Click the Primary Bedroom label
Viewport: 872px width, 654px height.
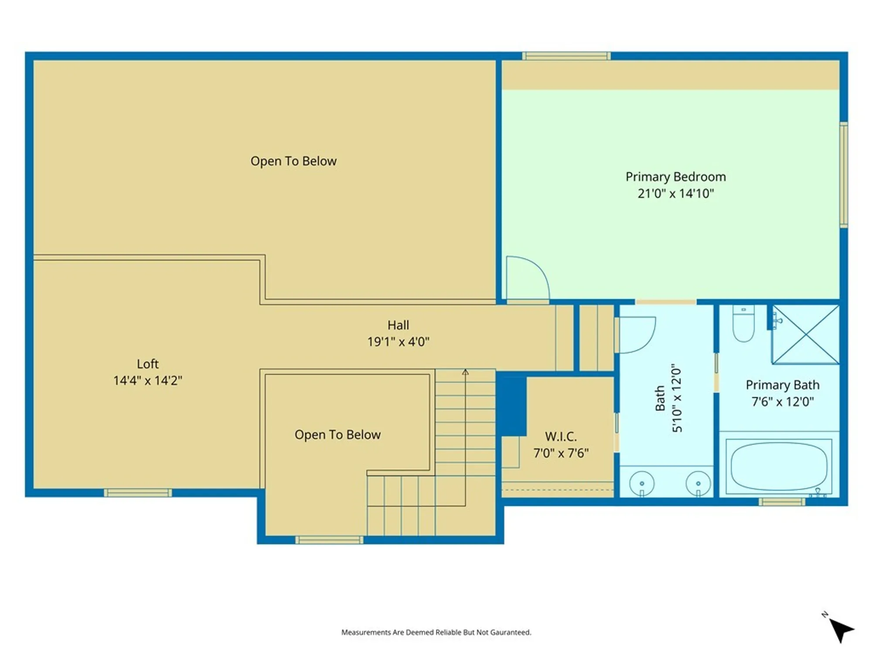675,177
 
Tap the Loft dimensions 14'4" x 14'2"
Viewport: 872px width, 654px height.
147,381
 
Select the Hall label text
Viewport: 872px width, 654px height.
398,325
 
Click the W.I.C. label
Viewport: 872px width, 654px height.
561,436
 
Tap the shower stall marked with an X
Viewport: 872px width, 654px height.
805,334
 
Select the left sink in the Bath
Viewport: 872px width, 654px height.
642,483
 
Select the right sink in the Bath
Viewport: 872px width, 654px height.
698,483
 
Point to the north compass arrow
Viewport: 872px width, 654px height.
840,629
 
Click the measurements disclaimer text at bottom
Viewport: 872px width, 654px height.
436,632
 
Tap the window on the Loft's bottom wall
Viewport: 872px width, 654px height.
138,493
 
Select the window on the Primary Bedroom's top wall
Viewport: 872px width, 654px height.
566,56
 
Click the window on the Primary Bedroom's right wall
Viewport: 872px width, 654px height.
844,174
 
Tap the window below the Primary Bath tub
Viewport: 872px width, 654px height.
782,502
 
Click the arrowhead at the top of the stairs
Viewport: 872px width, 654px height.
465,372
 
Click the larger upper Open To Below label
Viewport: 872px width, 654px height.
293,161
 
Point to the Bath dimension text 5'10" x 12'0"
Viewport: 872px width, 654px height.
676,398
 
